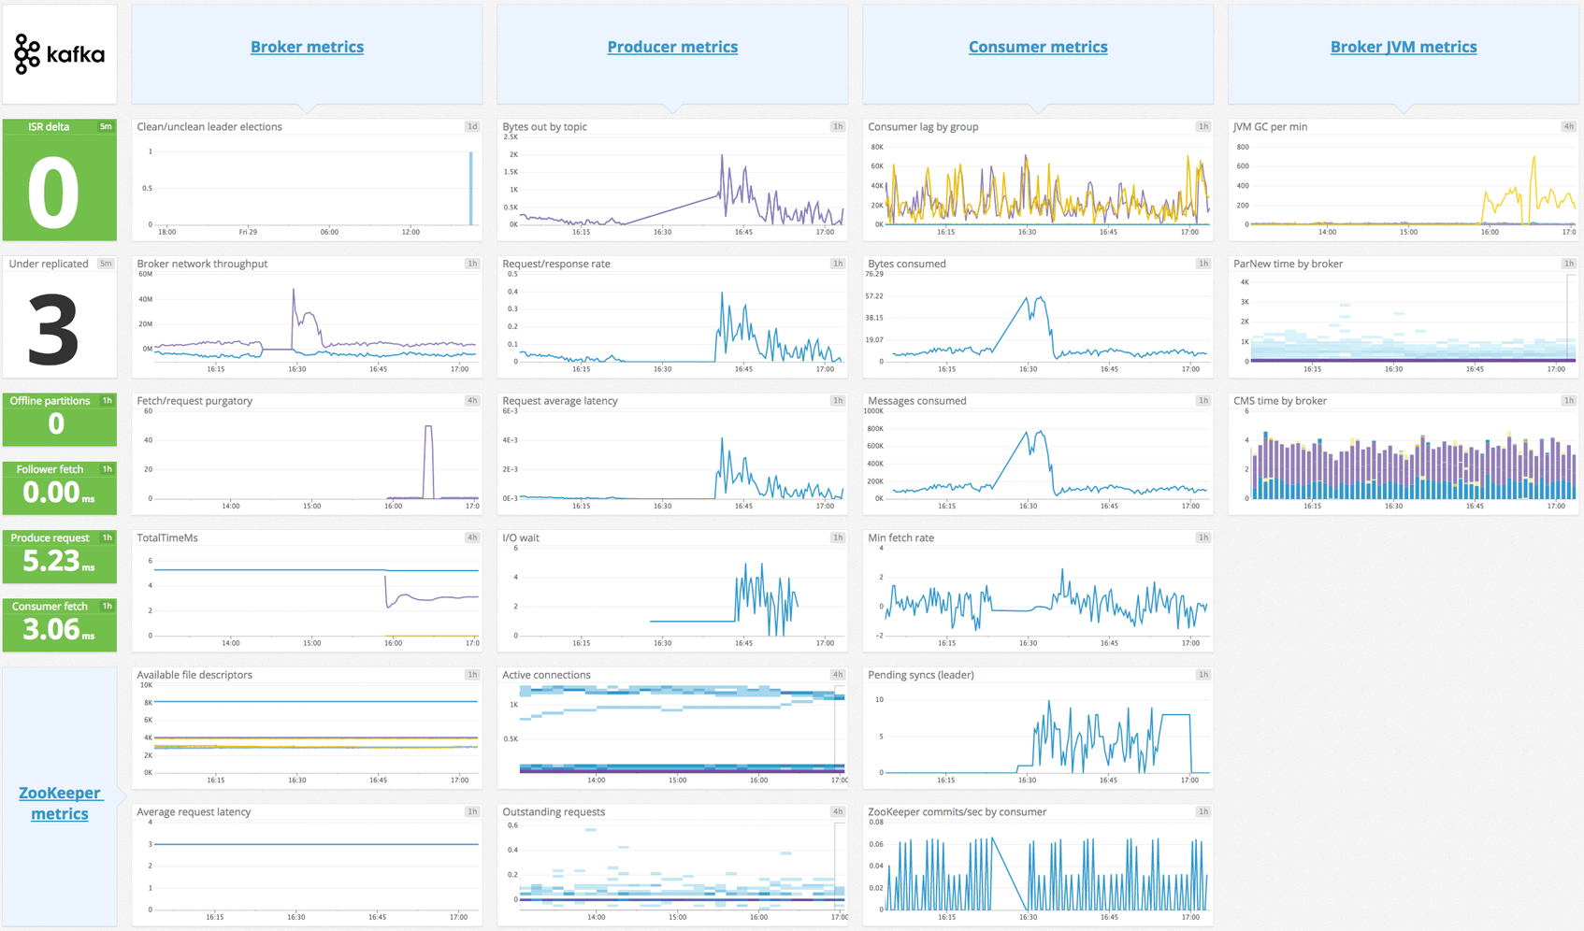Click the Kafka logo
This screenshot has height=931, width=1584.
pyautogui.click(x=59, y=54)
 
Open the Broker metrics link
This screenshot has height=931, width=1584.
pyautogui.click(x=307, y=47)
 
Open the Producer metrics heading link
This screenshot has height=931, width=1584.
pyautogui.click(x=672, y=47)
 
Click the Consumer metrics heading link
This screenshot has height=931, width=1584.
pyautogui.click(x=1038, y=47)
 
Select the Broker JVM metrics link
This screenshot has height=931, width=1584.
pyautogui.click(x=1404, y=47)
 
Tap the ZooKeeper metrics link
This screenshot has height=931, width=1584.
pyautogui.click(x=60, y=803)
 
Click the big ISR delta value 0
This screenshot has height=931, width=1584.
pyautogui.click(x=53, y=193)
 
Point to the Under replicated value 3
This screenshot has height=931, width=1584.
pyautogui.click(x=53, y=329)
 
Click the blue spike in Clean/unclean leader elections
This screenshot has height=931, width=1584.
pyautogui.click(x=470, y=187)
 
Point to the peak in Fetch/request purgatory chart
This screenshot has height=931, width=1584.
pyautogui.click(x=428, y=427)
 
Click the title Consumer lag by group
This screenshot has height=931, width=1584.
pyautogui.click(x=922, y=127)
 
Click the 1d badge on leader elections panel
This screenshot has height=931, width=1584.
pyautogui.click(x=472, y=127)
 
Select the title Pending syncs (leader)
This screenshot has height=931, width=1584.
pyautogui.click(x=920, y=675)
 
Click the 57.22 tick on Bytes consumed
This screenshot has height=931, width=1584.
pyautogui.click(x=874, y=296)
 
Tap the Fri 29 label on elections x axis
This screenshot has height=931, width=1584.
pyautogui.click(x=248, y=232)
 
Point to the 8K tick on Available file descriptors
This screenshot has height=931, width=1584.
pyautogui.click(x=148, y=702)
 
